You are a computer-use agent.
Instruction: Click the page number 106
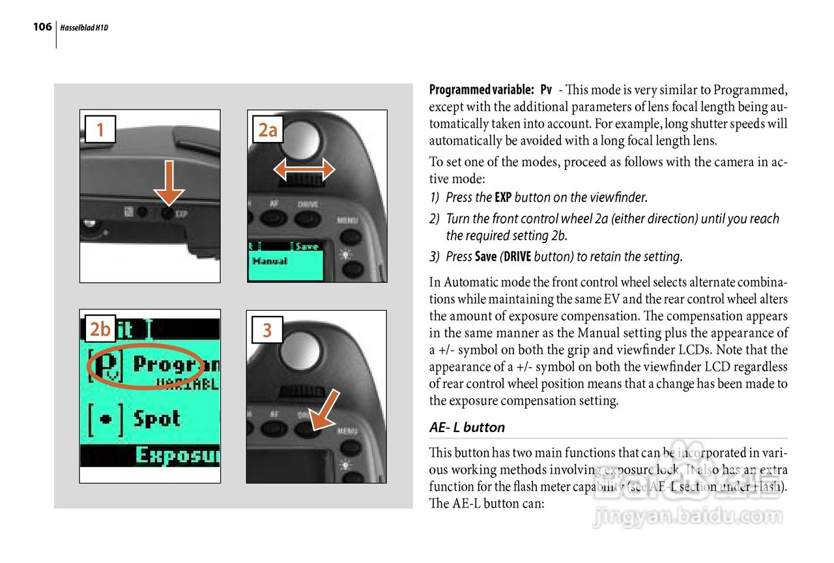pos(42,27)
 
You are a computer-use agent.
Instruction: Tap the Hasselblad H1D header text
pos(84,28)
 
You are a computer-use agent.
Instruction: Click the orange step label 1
pos(100,130)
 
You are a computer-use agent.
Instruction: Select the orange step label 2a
pos(268,130)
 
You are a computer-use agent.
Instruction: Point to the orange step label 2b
pos(100,330)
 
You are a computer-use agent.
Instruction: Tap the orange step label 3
pos(267,330)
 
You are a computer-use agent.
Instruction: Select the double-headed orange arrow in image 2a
pos(304,171)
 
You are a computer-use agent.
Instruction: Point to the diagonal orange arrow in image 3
pos(324,411)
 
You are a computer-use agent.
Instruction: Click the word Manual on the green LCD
pos(270,261)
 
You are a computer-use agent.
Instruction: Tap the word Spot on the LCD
pos(156,418)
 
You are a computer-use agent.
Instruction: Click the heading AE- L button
pos(467,427)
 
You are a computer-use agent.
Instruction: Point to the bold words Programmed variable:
pos(482,89)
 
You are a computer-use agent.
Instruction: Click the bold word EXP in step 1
pos(503,197)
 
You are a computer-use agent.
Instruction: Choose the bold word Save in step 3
pos(486,257)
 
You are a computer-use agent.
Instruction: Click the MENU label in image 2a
pos(347,221)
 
